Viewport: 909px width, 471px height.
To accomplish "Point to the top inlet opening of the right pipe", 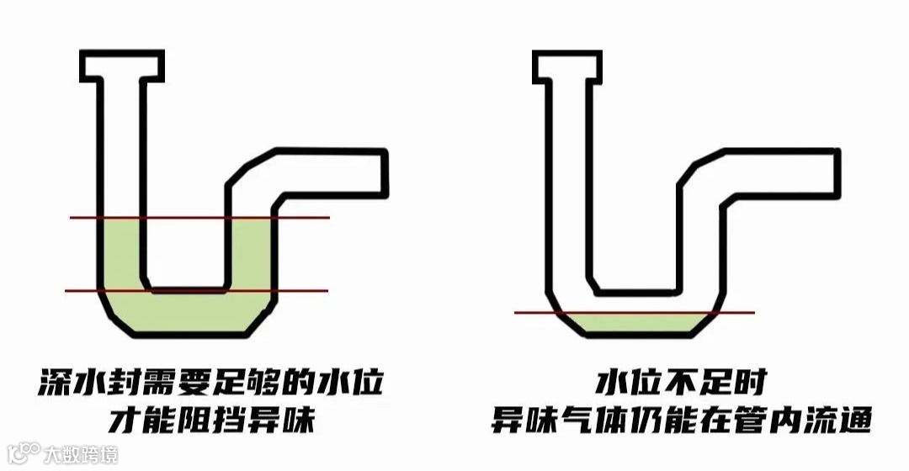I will coord(569,66).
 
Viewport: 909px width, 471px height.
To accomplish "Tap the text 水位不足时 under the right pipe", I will coord(681,384).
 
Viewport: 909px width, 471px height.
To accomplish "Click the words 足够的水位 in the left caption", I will coord(311,384).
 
